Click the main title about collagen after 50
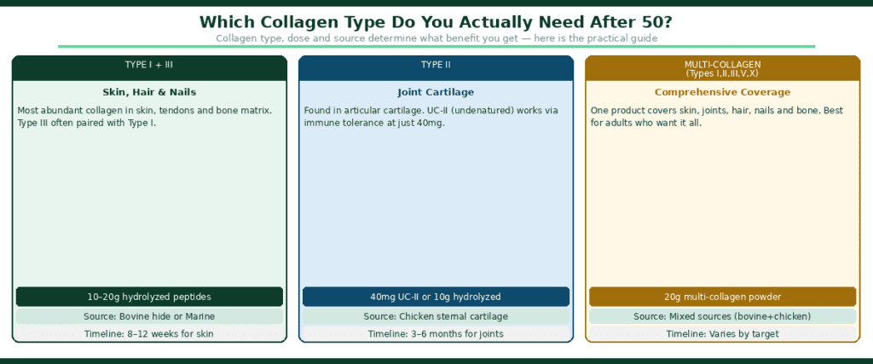click(436, 22)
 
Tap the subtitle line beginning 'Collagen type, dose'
click(436, 38)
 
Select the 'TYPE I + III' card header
click(149, 65)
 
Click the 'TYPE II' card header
click(436, 65)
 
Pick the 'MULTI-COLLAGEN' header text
click(722, 64)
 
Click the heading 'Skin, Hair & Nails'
click(149, 92)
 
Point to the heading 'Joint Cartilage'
click(436, 92)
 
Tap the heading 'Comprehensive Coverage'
click(722, 92)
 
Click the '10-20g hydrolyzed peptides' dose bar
click(149, 297)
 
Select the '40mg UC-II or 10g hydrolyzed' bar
click(436, 297)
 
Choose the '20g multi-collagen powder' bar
click(722, 297)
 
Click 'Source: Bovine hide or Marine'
click(149, 316)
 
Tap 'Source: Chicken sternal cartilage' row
click(436, 316)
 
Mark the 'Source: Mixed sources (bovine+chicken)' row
click(722, 316)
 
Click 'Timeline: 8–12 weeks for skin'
click(149, 333)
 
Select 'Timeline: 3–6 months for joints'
click(436, 333)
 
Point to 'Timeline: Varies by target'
click(722, 333)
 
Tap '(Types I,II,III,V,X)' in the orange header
click(722, 73)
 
